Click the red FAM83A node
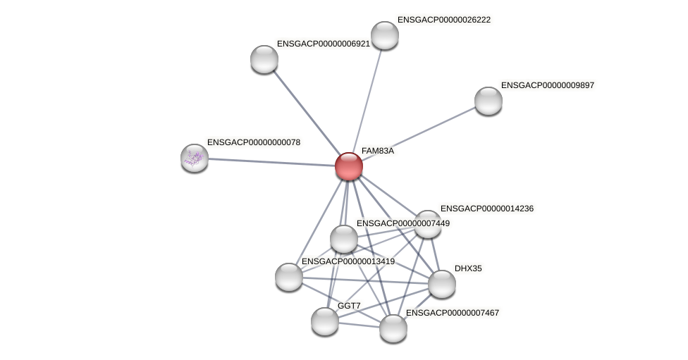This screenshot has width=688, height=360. (349, 166)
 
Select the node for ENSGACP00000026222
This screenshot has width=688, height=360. (384, 35)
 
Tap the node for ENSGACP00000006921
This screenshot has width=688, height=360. (264, 59)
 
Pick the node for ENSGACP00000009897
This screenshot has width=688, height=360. (488, 101)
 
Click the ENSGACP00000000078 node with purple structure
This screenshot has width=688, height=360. (195, 158)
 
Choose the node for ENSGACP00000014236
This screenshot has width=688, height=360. (428, 224)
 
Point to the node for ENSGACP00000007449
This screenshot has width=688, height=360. (344, 239)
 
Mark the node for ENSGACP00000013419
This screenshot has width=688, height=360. (289, 276)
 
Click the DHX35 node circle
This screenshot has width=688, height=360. (442, 284)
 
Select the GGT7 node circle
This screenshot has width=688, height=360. (325, 321)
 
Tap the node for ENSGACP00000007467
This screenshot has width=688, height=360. (393, 328)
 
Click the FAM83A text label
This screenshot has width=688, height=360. (377, 151)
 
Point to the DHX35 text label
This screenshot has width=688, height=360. (468, 268)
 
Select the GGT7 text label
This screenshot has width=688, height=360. (349, 306)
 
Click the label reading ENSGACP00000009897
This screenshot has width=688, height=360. (548, 85)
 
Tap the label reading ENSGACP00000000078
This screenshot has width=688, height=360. (253, 142)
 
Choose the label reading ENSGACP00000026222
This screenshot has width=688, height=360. (443, 20)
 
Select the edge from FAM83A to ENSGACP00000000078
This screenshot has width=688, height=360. (271, 162)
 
